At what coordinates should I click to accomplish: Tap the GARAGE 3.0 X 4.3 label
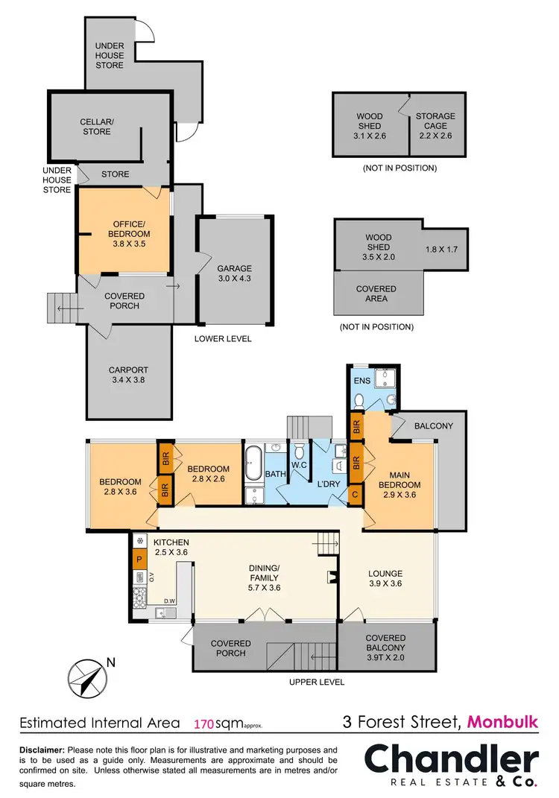pyautogui.click(x=234, y=274)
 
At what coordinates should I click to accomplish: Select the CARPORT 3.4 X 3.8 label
pyautogui.click(x=128, y=375)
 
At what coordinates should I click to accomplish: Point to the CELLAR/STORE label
pyautogui.click(x=95, y=127)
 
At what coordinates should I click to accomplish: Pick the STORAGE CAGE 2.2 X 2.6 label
pyautogui.click(x=435, y=121)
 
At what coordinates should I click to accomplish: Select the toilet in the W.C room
pyautogui.click(x=299, y=452)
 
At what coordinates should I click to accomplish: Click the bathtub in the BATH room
pyautogui.click(x=253, y=455)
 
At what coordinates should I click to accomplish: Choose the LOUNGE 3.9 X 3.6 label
pyautogui.click(x=385, y=578)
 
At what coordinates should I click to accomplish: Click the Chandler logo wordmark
pyautogui.click(x=450, y=760)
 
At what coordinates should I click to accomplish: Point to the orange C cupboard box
pyautogui.click(x=356, y=493)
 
